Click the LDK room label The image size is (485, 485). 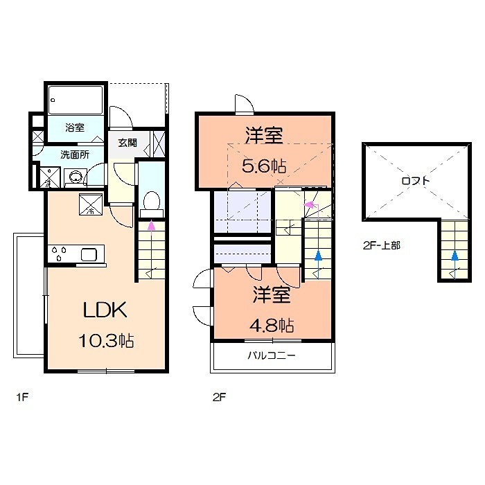[105, 309]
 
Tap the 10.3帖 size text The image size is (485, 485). [106, 341]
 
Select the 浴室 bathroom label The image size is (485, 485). [75, 127]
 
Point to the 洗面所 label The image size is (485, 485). [75, 155]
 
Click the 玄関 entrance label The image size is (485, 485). [127, 143]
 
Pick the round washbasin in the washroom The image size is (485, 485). [76, 177]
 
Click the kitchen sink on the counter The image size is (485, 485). [89, 254]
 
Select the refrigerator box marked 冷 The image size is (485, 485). [91, 204]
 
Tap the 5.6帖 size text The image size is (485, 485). [264, 166]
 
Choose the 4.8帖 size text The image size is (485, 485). [272, 326]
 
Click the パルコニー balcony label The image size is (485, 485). [272, 355]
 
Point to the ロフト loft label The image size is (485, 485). [416, 181]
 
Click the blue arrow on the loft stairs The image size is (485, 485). [455, 265]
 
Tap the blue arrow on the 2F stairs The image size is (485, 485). [318, 265]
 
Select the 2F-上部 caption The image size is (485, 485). [382, 245]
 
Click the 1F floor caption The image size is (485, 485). [22, 397]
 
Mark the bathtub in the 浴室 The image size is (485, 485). [76, 100]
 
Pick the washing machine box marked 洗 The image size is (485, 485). [50, 177]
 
